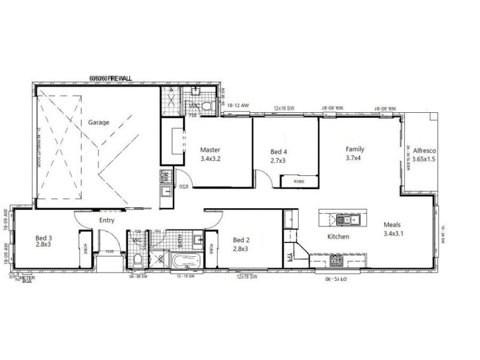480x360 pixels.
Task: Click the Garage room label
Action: click(99, 122)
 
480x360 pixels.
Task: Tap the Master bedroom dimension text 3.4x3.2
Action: click(211, 160)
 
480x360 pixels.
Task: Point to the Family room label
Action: click(355, 149)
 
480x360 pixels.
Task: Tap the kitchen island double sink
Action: click(347, 219)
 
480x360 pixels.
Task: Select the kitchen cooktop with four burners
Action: click(336, 260)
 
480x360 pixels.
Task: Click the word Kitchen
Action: click(338, 236)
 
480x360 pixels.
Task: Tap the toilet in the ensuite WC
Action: click(206, 106)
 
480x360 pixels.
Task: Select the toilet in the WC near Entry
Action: click(138, 259)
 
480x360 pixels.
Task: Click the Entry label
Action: click(107, 220)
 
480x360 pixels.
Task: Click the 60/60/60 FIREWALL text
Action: click(110, 78)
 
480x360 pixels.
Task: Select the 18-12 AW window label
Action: click(238, 106)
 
